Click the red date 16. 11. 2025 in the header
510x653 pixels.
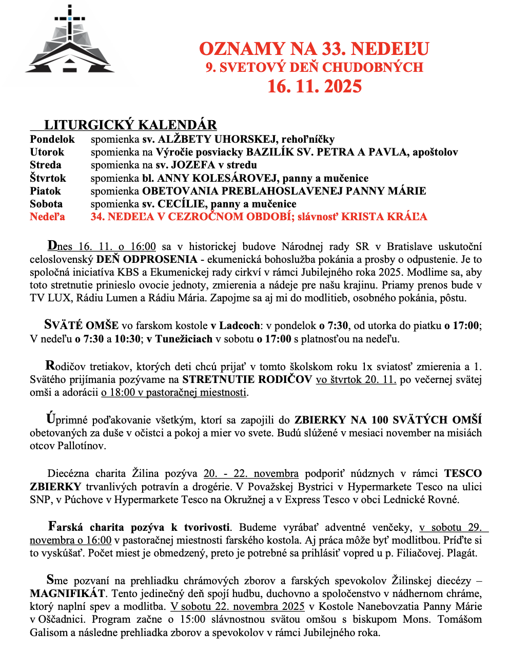point(314,86)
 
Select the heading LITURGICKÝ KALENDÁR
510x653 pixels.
point(130,125)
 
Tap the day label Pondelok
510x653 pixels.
point(52,139)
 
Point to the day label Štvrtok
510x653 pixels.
point(48,178)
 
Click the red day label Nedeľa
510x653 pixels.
point(48,217)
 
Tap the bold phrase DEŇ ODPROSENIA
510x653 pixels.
point(147,259)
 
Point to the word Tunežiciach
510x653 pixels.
point(184,339)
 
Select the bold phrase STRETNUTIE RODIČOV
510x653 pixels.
point(247,380)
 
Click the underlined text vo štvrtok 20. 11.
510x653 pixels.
point(356,380)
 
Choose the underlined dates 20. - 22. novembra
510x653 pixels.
point(251,473)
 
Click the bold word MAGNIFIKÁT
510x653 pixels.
point(67,594)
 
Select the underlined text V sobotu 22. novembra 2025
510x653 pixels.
point(238,607)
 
